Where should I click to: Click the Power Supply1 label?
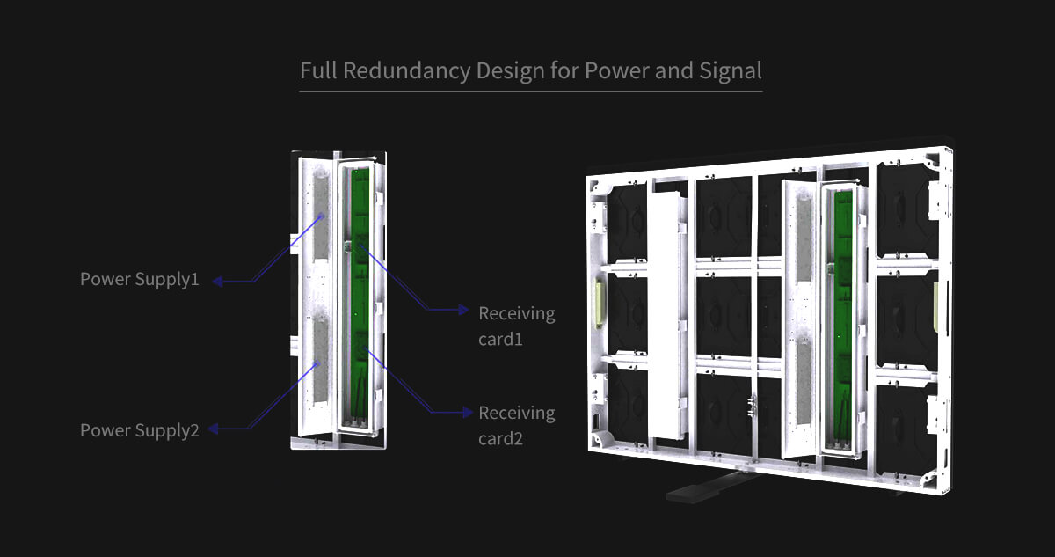point(140,280)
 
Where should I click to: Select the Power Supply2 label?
point(140,430)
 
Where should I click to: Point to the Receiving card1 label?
point(516,326)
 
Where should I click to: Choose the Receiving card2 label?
point(516,425)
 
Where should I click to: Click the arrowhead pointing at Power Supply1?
point(217,282)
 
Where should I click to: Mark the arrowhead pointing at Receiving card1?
point(463,310)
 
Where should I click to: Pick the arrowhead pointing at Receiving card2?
point(464,411)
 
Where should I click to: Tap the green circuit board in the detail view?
point(359,299)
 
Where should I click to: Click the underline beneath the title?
point(530,90)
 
